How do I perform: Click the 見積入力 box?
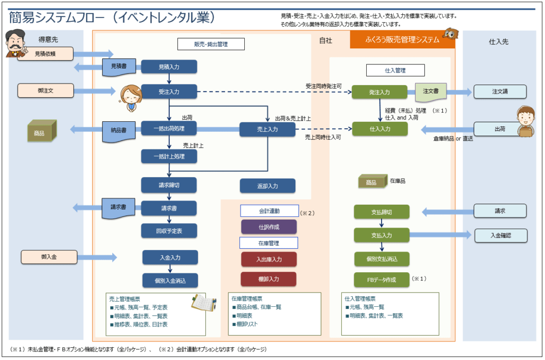[x=169, y=67]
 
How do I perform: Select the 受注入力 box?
[x=169, y=92]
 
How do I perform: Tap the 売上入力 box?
[x=267, y=129]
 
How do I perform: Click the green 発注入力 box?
[x=379, y=92]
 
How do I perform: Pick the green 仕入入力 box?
[x=379, y=129]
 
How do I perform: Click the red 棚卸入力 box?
[x=268, y=279]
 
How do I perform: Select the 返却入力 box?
[x=267, y=186]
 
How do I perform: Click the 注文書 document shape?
[x=430, y=92]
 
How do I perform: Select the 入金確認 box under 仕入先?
[x=500, y=235]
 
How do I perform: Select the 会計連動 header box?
[x=268, y=211]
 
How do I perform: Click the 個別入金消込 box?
[x=170, y=280]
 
